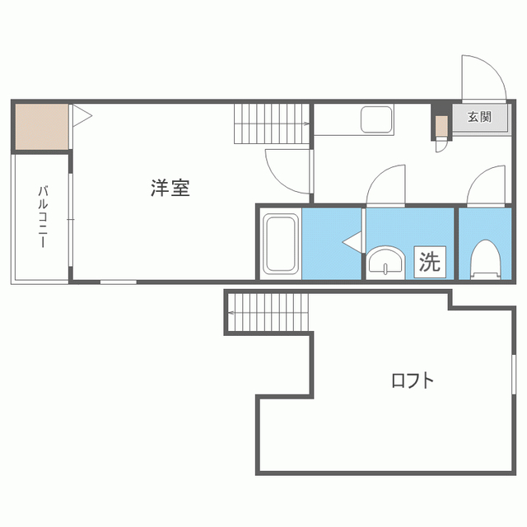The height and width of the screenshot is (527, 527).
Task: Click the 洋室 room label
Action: pos(170,188)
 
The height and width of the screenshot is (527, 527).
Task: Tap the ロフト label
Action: pos(412,380)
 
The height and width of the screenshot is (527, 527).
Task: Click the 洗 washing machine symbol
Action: pos(430,262)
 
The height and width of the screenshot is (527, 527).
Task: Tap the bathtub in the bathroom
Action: pos(280,245)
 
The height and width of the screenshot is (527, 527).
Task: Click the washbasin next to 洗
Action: pos(385,262)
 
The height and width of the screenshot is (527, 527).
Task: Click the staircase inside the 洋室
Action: pos(271,124)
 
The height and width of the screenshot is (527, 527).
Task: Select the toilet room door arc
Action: pos(486,184)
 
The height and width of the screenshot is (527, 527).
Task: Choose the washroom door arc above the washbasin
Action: pos(386,184)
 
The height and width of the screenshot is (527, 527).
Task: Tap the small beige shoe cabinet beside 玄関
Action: pos(441,126)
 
